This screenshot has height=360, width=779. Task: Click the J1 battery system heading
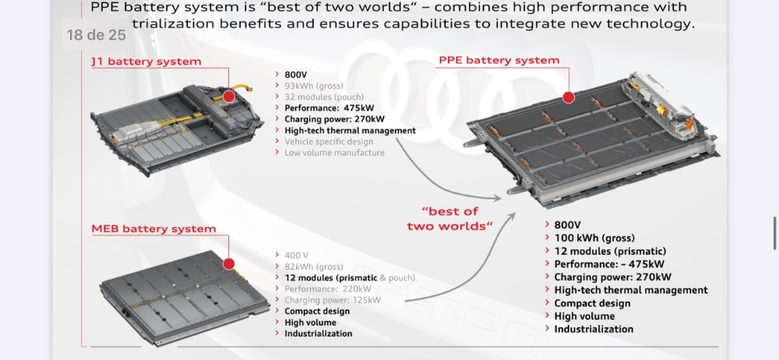(x=146, y=62)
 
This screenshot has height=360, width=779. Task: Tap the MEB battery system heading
(x=153, y=229)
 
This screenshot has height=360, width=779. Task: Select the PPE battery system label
(x=499, y=60)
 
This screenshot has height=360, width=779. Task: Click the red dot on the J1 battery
(x=228, y=96)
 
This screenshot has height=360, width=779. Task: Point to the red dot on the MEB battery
(x=229, y=264)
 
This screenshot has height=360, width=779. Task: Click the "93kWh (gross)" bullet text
(x=313, y=86)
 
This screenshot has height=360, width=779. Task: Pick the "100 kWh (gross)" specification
(x=594, y=238)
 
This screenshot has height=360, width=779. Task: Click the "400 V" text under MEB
(x=296, y=256)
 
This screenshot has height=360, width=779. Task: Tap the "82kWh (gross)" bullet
(x=313, y=266)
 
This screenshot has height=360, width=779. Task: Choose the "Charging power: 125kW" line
(x=333, y=300)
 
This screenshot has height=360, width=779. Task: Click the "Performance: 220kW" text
(x=327, y=289)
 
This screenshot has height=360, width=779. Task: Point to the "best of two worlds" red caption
(x=450, y=218)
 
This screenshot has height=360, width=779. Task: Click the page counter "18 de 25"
(x=95, y=35)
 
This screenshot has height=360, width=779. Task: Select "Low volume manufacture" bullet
(x=334, y=153)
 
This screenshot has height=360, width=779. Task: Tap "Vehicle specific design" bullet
(x=329, y=142)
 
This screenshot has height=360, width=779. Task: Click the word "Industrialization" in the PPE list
(x=594, y=329)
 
